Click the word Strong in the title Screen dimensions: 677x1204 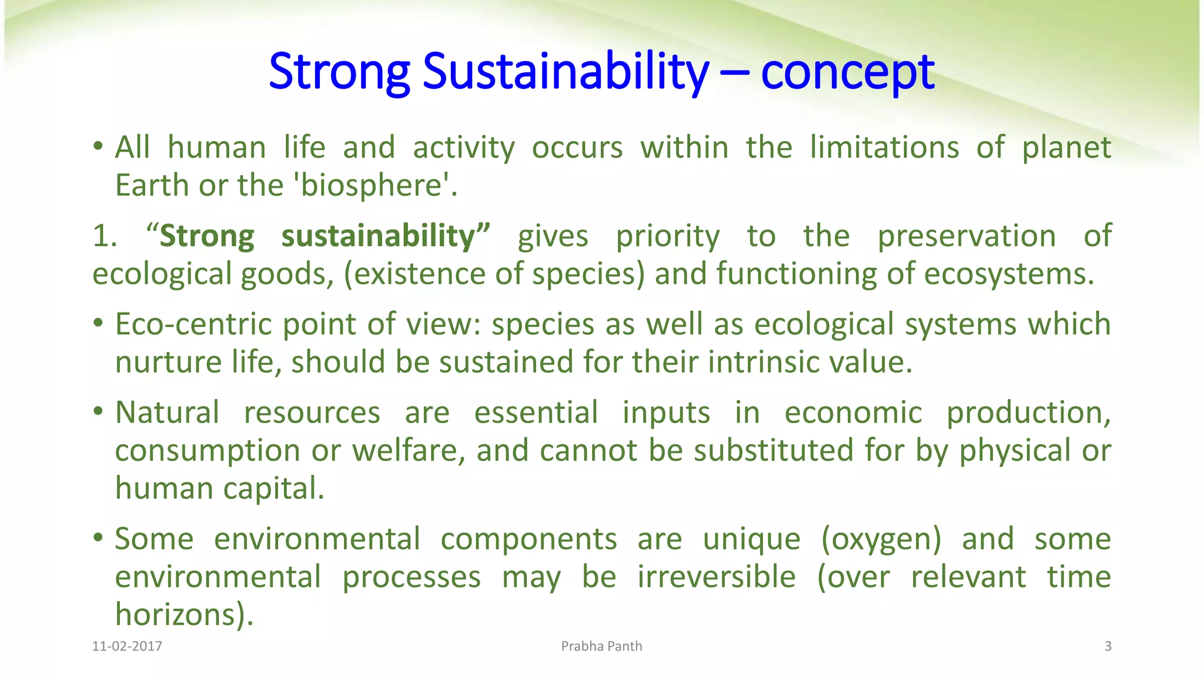339,72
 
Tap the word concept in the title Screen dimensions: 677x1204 847,72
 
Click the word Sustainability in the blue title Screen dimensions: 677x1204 566,72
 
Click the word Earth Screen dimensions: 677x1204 152,186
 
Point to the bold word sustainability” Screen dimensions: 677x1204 386,236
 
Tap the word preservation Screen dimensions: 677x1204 966,236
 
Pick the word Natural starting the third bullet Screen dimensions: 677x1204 167,413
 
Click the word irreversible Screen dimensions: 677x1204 716,577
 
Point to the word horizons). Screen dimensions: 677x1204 184,614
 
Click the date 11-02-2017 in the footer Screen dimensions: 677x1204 127,646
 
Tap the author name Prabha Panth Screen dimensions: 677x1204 601,646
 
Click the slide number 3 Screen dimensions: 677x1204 1108,646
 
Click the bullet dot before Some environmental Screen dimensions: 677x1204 98,538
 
